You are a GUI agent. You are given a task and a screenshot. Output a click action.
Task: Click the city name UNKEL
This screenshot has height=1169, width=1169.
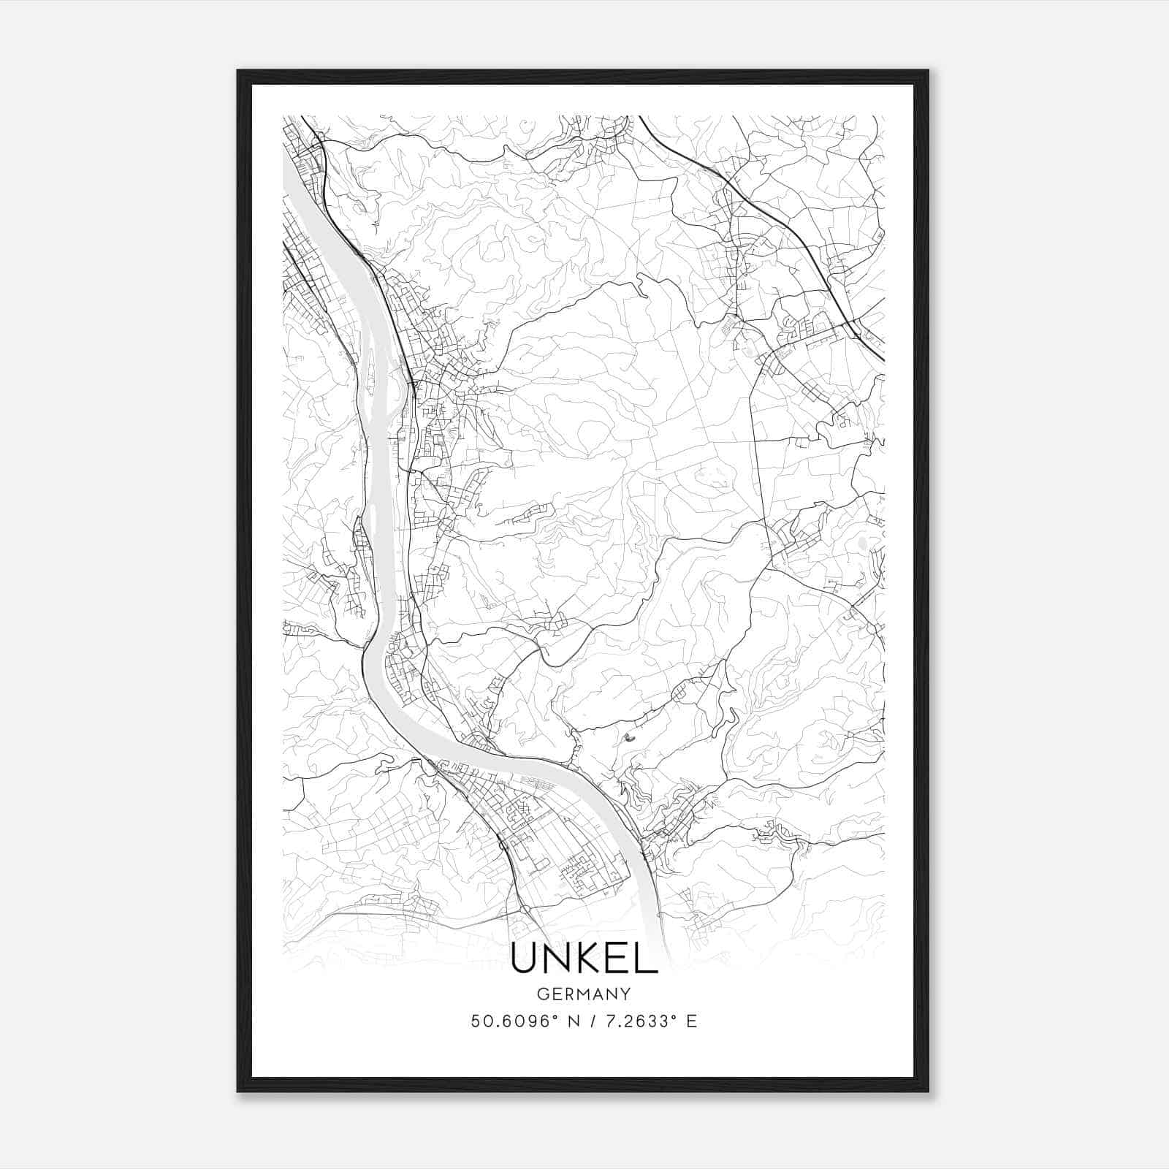pos(584,959)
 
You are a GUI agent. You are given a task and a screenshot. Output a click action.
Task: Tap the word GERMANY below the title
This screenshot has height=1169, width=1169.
pos(584,994)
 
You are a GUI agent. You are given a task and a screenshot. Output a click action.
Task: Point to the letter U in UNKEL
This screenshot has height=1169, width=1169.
pos(524,959)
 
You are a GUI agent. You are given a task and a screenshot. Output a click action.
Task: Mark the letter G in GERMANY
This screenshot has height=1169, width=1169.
pos(542,994)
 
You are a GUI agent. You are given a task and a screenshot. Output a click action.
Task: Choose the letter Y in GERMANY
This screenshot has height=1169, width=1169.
pos(625,994)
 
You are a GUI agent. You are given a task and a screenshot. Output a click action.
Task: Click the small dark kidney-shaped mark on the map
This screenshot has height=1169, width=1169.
pos(628,738)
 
